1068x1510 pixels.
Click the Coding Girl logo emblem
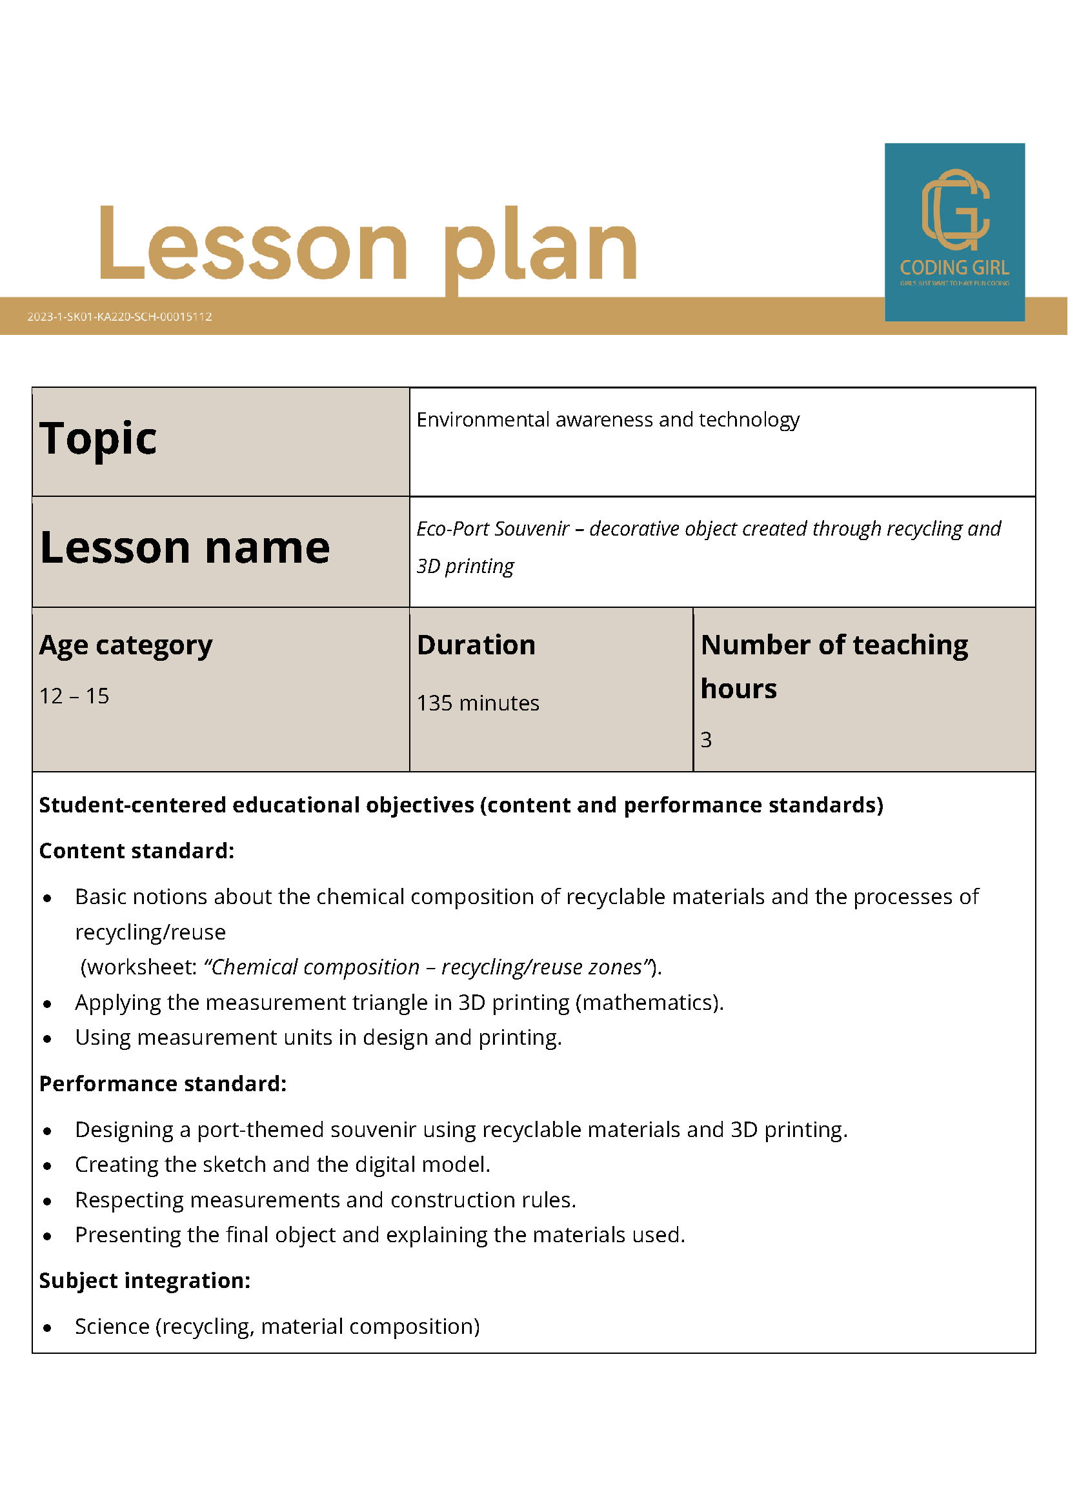click(955, 210)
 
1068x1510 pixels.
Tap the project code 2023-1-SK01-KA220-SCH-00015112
click(119, 316)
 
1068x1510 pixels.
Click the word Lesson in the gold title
click(253, 245)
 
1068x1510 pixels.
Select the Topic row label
click(98, 439)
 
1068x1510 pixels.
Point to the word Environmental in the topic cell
click(483, 419)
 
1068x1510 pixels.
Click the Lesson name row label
click(184, 548)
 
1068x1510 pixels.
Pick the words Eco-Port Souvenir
click(492, 528)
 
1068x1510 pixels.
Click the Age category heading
click(126, 645)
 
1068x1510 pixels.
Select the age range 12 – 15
click(74, 696)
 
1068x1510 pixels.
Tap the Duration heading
click(476, 645)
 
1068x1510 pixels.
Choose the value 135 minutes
click(478, 703)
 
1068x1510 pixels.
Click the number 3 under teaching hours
click(705, 740)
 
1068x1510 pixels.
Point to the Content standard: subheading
click(137, 851)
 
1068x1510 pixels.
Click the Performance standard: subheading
click(163, 1084)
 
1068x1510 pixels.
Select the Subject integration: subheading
click(145, 1280)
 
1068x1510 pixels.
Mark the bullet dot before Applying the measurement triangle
click(47, 1004)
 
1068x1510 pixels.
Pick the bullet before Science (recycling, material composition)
click(47, 1328)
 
